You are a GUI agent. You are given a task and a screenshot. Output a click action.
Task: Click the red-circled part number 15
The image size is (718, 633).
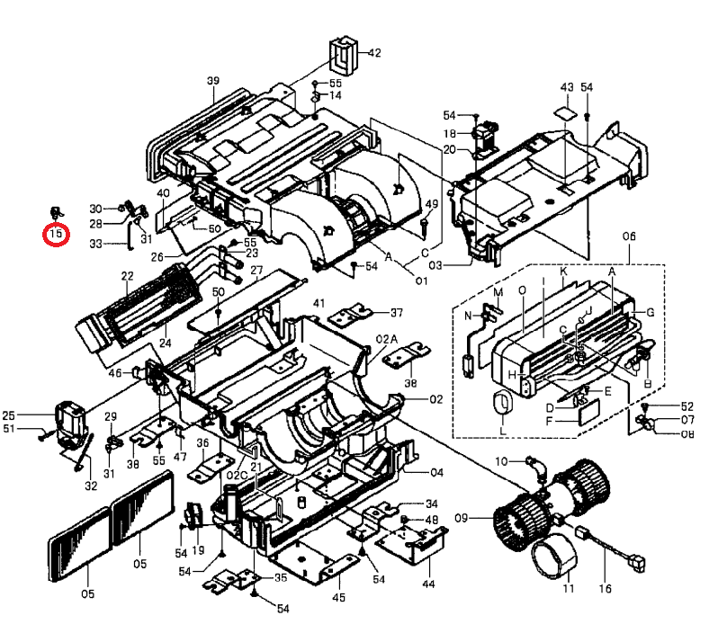coord(56,234)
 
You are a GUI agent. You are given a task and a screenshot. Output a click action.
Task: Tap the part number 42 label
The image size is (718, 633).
coord(374,53)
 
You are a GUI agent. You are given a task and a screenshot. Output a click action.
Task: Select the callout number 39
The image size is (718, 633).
coord(213,81)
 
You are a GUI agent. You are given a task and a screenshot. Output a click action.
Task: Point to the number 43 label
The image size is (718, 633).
coord(567,87)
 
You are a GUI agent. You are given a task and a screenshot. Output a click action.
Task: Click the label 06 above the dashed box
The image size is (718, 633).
coord(629,236)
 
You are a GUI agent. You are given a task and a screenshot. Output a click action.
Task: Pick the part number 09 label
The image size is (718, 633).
coord(462,518)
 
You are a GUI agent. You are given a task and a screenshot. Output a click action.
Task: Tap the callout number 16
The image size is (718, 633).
coord(605,589)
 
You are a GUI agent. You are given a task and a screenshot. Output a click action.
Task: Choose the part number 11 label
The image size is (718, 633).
coord(568,588)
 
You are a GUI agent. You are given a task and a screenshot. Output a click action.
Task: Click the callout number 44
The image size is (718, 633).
coord(428,584)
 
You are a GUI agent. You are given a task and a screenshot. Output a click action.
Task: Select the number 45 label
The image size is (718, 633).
coord(339,597)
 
